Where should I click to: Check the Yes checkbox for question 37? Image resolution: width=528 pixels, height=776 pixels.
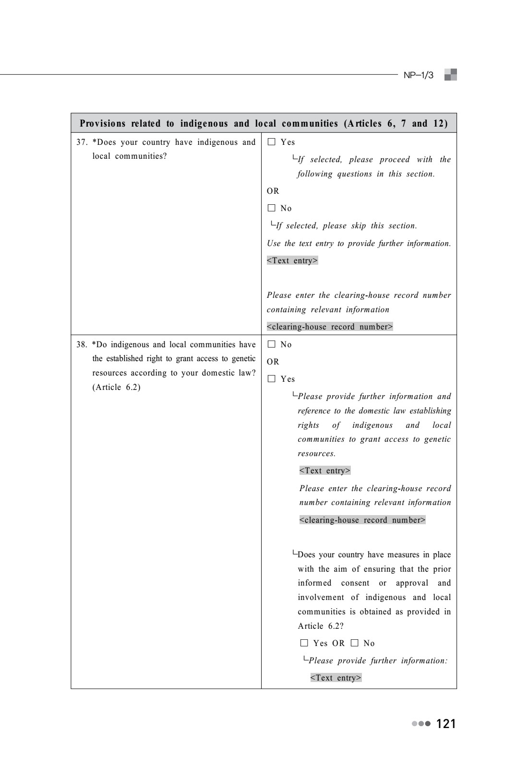click(272, 142)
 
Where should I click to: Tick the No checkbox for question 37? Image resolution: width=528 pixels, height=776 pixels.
click(272, 208)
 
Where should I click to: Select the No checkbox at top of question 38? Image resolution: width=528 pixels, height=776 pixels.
click(272, 344)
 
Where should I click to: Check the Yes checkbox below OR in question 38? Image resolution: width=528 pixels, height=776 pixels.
click(272, 379)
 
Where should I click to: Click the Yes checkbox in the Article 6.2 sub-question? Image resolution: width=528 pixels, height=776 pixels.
click(304, 643)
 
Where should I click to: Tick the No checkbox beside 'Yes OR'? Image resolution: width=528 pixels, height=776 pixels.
click(355, 643)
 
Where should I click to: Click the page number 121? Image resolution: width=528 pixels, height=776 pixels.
click(446, 724)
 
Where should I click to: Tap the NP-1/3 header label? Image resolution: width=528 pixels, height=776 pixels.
click(419, 75)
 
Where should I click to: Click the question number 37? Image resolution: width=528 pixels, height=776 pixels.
click(82, 142)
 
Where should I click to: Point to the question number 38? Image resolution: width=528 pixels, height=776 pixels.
click(82, 344)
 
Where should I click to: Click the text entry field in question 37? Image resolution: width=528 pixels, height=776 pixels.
click(292, 260)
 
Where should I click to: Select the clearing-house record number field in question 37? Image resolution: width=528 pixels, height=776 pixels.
click(330, 327)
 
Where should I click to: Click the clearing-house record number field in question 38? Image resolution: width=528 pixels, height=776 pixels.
click(362, 520)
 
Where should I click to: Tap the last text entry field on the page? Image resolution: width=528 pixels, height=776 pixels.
click(336, 678)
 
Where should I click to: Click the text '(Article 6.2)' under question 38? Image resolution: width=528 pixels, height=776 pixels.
click(116, 387)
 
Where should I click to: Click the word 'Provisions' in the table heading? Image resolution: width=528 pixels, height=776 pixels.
click(103, 123)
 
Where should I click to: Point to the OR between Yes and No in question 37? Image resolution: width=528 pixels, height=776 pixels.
click(273, 191)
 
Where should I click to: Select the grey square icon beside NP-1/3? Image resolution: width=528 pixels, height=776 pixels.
click(450, 75)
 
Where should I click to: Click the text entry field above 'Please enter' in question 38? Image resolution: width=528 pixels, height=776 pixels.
click(325, 470)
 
